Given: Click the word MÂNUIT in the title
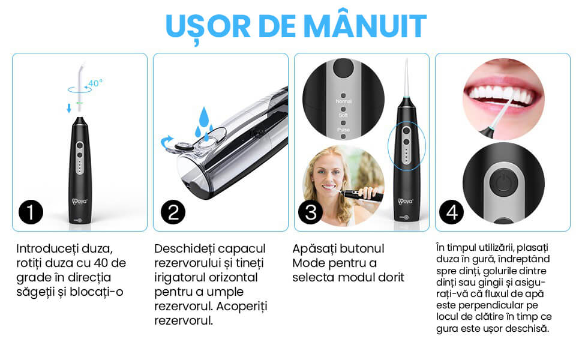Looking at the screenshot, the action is [365, 25].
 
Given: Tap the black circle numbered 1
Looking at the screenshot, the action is [31, 212].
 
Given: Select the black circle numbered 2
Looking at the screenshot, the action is [173, 212].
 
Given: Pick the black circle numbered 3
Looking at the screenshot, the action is [311, 212].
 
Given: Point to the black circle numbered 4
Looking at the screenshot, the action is [451, 212].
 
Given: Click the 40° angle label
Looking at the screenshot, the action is [95, 83].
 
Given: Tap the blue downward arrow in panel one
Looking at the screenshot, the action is [68, 108].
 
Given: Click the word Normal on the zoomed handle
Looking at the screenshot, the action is [344, 101].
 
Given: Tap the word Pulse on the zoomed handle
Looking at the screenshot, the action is [343, 130].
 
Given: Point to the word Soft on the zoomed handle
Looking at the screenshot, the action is [343, 115].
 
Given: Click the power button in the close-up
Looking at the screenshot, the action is [503, 182].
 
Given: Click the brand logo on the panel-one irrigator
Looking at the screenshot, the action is [79, 202].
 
